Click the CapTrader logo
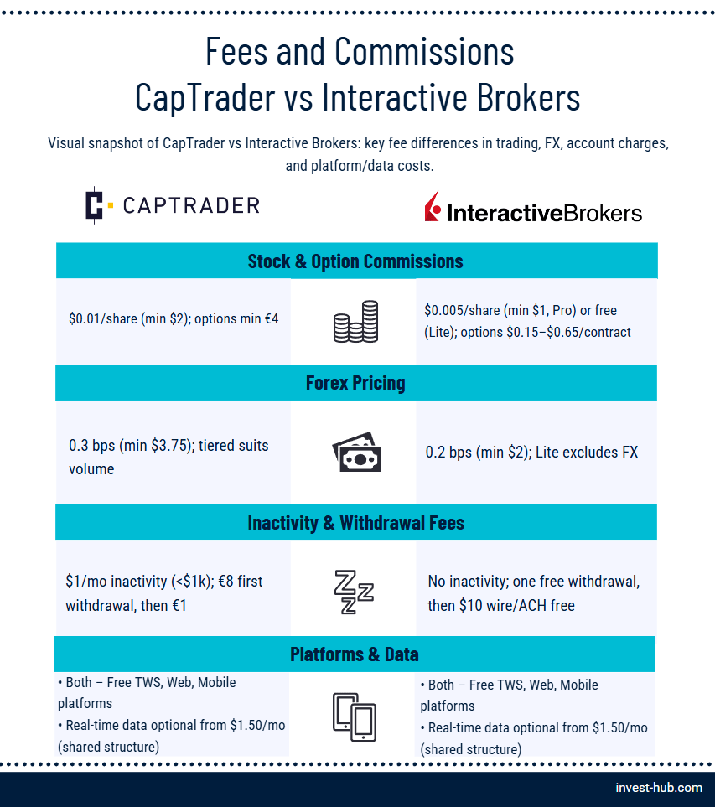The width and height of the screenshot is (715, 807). pyautogui.click(x=173, y=205)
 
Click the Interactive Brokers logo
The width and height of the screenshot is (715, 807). pyautogui.click(x=533, y=208)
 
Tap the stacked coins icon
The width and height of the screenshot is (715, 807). pyautogui.click(x=355, y=322)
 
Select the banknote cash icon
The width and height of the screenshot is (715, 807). pyautogui.click(x=356, y=452)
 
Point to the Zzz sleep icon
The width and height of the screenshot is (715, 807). pyautogui.click(x=354, y=592)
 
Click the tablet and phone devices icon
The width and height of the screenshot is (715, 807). pyautogui.click(x=355, y=717)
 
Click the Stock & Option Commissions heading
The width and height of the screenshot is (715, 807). pyautogui.click(x=355, y=261)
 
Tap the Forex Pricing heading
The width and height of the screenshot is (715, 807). pyautogui.click(x=355, y=383)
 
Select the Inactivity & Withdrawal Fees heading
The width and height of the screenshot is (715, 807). pyautogui.click(x=355, y=523)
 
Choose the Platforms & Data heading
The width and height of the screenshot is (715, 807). pyautogui.click(x=355, y=654)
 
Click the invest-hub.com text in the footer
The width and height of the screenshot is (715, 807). pyautogui.click(x=659, y=788)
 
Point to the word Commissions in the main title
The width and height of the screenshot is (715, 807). pyautogui.click(x=424, y=52)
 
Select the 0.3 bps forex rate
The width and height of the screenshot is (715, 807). pyautogui.click(x=92, y=445)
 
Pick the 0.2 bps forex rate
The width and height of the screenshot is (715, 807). pyautogui.click(x=448, y=452)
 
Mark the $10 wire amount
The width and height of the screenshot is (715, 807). pyautogui.click(x=470, y=605)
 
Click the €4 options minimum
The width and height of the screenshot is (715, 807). pyautogui.click(x=272, y=319)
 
